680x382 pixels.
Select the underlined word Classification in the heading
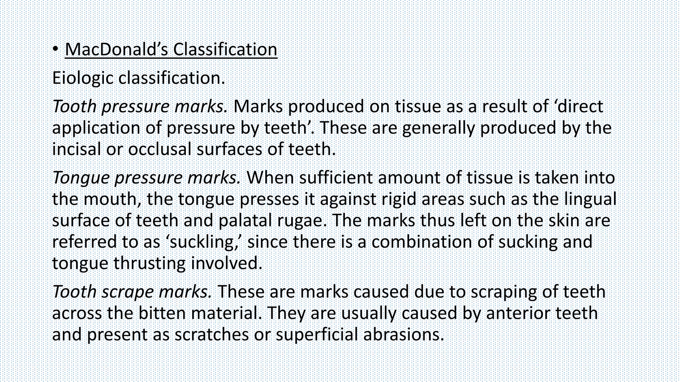point(225,49)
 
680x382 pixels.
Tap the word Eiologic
point(83,78)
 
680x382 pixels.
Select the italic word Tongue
point(81,178)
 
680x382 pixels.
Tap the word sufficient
point(336,178)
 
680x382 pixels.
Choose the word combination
point(421,242)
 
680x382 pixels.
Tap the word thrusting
point(149,263)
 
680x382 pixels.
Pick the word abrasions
point(403,334)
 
